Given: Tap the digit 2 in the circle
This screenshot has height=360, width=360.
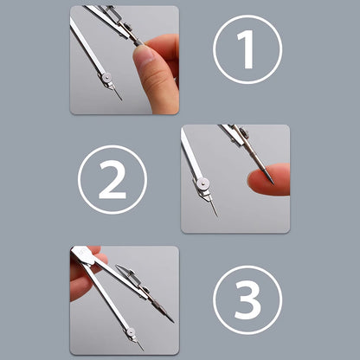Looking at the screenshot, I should coord(112,179).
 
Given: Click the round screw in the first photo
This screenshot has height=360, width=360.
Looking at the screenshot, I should coord(106,78).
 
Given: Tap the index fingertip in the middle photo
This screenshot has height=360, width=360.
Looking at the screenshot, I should coord(257,180).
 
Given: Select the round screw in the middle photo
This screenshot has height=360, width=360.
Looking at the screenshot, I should coord(203,183).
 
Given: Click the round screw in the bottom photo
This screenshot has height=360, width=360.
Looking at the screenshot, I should coord(130,331).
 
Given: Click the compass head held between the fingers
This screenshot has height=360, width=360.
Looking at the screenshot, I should coord(84,255).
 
